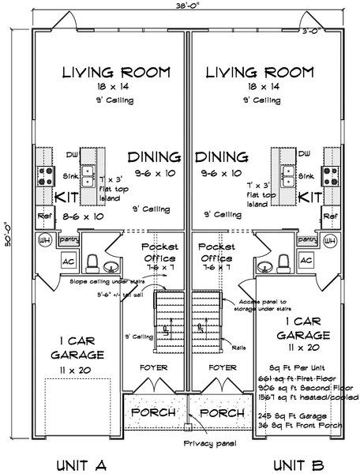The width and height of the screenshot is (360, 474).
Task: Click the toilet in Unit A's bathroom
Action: point(93,263)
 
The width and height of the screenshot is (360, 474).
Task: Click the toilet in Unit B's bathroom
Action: point(280,263)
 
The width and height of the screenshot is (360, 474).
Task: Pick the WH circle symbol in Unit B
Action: point(331,240)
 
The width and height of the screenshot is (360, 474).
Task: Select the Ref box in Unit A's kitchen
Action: point(45,216)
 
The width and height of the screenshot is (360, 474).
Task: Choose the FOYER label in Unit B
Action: point(223,367)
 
